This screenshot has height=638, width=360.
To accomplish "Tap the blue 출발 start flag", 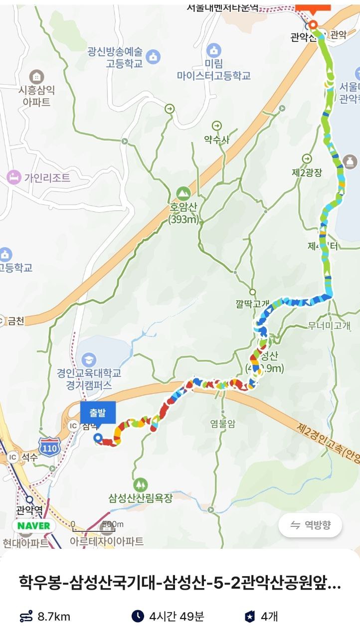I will (x=98, y=412).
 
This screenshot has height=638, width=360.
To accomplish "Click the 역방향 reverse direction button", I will (x=311, y=525).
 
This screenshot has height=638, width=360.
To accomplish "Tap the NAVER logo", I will (x=34, y=526).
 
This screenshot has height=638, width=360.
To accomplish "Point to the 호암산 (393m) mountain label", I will (x=183, y=213).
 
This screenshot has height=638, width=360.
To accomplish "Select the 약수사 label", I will (x=217, y=140).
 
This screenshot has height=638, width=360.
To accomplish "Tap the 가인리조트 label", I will (x=45, y=177).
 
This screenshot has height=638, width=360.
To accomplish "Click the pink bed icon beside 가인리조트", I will (x=13, y=177).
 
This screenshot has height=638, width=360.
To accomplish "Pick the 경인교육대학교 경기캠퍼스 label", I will (x=88, y=379).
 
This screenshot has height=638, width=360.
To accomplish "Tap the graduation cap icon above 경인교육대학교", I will (x=89, y=359).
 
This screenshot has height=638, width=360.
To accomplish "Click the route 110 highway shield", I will (x=49, y=446).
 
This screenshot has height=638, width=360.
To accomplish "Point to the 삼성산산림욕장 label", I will (x=141, y=497).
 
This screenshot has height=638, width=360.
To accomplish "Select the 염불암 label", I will (x=222, y=424).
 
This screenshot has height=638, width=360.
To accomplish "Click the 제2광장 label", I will (x=307, y=172).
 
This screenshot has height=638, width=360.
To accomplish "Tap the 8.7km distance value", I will (x=54, y=617).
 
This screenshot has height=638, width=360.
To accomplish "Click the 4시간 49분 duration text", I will (x=177, y=617).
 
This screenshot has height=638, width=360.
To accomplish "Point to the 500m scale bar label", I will (x=112, y=524).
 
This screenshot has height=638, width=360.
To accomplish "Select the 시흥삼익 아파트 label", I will (x=36, y=96).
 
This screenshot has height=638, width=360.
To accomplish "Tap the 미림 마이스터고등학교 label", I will (x=213, y=70).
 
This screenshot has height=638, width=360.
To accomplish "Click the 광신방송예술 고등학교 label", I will (x=115, y=57).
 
